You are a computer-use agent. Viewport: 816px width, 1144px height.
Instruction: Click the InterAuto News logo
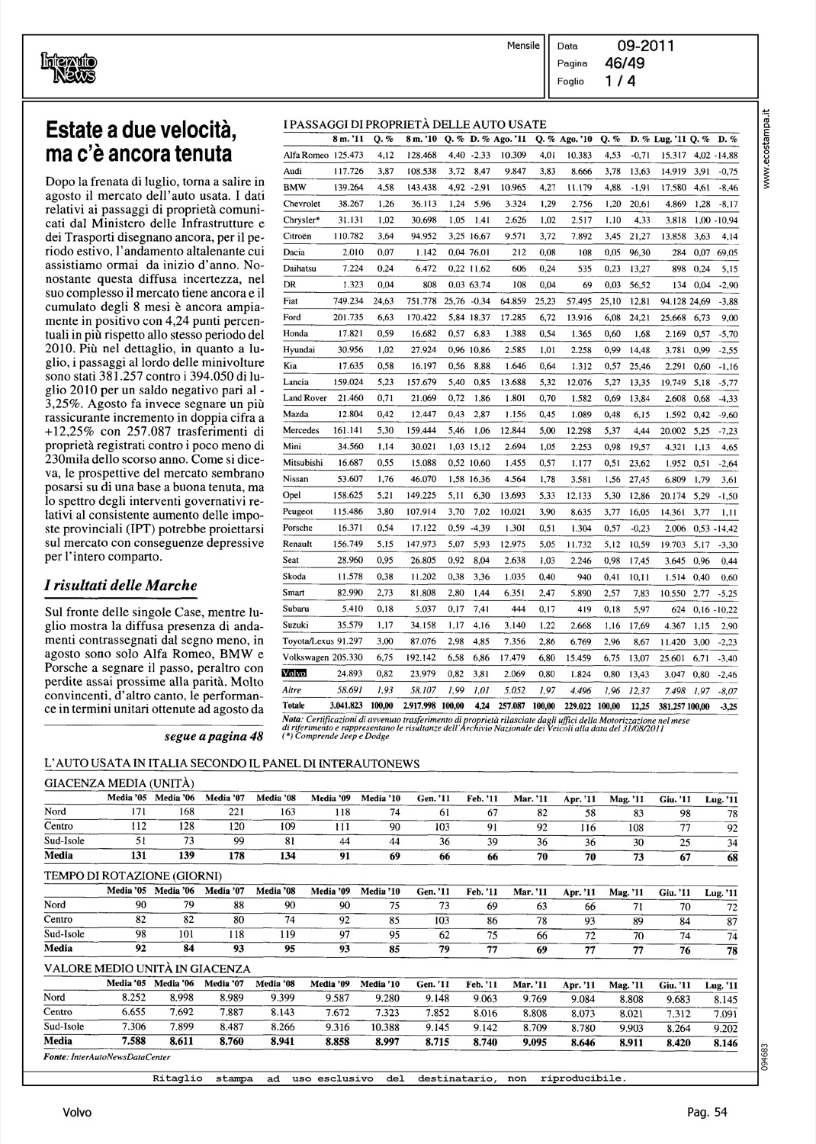click(69, 67)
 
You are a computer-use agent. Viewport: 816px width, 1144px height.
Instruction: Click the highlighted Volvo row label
click(293, 673)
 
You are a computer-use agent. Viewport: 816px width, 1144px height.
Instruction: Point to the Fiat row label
click(291, 300)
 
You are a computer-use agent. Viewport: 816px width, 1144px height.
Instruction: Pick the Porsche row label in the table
click(297, 527)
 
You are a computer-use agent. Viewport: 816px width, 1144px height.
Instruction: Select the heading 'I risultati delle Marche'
click(120, 586)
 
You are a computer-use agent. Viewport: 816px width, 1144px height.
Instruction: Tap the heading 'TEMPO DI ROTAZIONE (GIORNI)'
click(133, 876)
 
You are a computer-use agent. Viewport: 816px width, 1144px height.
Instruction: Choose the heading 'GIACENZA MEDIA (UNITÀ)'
click(119, 783)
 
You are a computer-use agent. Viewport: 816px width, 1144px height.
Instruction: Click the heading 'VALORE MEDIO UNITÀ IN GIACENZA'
click(147, 969)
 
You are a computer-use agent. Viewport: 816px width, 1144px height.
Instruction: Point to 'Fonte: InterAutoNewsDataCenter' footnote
click(107, 1057)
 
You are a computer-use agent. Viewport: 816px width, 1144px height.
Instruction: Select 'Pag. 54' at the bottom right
click(705, 1113)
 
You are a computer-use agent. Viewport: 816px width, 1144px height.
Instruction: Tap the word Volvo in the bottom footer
click(77, 1113)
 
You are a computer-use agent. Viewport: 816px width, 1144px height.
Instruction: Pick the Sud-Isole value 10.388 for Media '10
click(385, 1027)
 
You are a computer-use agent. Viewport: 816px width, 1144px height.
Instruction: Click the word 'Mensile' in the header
click(522, 46)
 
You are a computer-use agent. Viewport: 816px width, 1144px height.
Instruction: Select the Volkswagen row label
click(305, 657)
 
